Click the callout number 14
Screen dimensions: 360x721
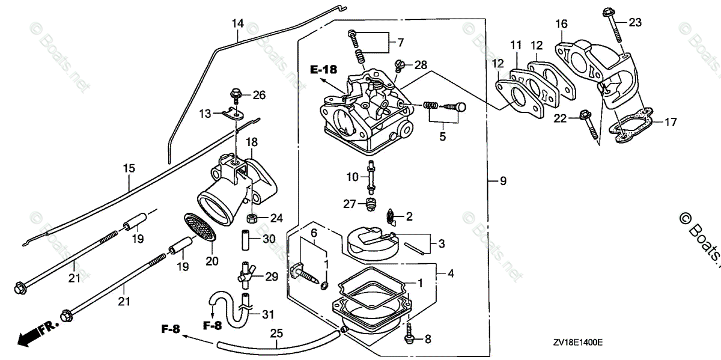[x=238, y=24]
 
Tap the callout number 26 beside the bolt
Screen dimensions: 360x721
[x=259, y=94]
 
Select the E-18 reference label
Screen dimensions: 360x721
[x=323, y=70]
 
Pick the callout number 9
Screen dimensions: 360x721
[x=503, y=180]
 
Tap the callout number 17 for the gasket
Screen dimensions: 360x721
[x=671, y=123]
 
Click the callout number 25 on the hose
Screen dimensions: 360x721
[x=276, y=332]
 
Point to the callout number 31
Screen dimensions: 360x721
[x=268, y=313]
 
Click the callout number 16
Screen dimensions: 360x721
[x=561, y=24]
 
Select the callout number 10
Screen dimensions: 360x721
[x=352, y=177]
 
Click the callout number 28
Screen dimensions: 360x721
[x=421, y=64]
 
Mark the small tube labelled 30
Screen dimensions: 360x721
[x=246, y=240]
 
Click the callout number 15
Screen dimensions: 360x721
[x=129, y=169]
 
